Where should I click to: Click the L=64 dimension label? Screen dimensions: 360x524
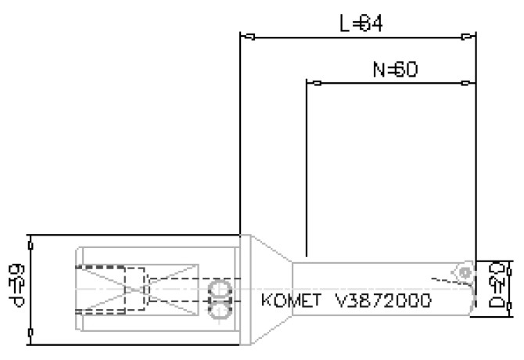(361, 24)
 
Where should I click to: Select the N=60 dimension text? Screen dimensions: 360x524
(394, 70)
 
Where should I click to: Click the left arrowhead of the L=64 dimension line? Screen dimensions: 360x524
(249, 36)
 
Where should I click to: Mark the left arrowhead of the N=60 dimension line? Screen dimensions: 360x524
(315, 82)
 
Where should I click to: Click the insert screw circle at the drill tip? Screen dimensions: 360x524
(465, 272)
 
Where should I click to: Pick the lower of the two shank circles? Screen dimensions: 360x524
(221, 311)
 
